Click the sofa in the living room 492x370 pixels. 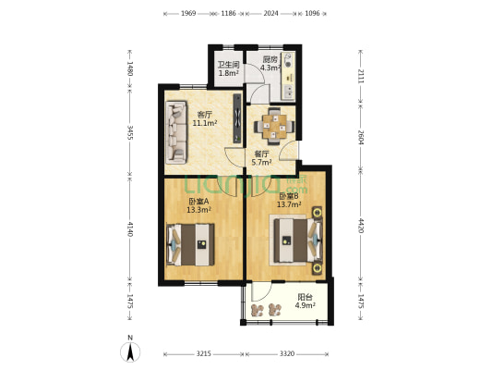(x=176, y=132)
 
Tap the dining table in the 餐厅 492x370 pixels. (x=274, y=126)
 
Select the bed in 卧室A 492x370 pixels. (x=190, y=244)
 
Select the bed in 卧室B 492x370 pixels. (x=298, y=240)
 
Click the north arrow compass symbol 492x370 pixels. (x=130, y=351)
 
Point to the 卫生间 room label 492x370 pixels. (x=228, y=65)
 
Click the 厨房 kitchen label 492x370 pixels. (x=270, y=59)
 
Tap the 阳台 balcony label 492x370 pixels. (x=305, y=297)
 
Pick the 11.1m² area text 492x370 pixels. (x=205, y=123)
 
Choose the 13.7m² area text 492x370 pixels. (x=289, y=204)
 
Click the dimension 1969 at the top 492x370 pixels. (x=188, y=13)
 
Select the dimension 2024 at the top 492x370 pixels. (x=270, y=13)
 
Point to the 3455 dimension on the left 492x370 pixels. (x=130, y=133)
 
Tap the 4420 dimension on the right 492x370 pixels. (x=361, y=226)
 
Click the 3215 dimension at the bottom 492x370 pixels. (x=204, y=354)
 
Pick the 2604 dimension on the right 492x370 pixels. (x=361, y=138)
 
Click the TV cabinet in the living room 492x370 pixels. (x=237, y=118)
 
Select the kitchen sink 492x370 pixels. (x=288, y=91)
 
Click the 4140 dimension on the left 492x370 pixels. (x=130, y=229)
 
